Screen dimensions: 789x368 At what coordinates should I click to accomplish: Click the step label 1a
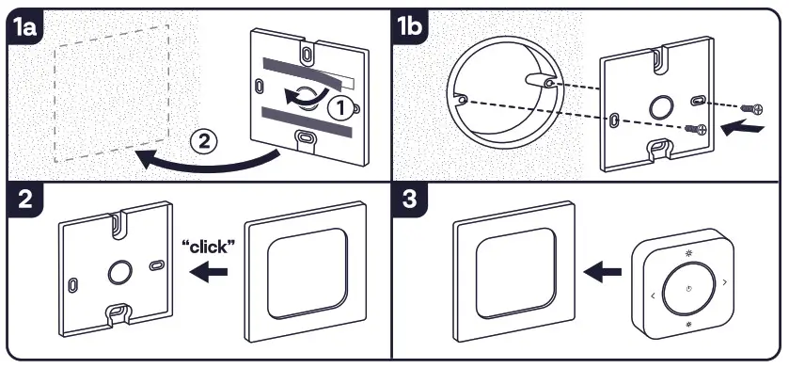point(25,27)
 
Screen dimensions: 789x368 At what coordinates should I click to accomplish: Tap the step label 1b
point(410,27)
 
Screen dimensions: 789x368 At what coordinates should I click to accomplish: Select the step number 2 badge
point(25,200)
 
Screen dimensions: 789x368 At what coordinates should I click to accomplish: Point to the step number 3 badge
point(410,200)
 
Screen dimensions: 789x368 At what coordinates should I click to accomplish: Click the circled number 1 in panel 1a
point(340,108)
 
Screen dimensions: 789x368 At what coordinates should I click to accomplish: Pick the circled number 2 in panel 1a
point(203,142)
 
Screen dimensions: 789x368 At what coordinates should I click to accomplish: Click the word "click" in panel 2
point(209,247)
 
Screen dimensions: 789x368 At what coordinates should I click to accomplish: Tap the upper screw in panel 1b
point(752,108)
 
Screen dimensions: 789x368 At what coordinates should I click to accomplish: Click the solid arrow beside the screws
point(742,129)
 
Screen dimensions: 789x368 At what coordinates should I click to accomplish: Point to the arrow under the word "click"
point(209,272)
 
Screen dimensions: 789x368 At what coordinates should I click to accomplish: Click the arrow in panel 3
point(602,272)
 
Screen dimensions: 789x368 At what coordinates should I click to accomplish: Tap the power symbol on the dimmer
point(689,289)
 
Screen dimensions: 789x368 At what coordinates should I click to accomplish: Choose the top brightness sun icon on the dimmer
point(688,253)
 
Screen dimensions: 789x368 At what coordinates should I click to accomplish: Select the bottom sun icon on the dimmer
point(689,325)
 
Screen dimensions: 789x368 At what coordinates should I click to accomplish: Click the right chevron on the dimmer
point(725,282)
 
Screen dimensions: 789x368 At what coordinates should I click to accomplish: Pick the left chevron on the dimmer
point(653,296)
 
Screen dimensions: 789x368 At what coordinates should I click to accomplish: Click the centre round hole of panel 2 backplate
point(120,273)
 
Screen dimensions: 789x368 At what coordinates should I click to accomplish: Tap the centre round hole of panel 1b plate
point(661,107)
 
